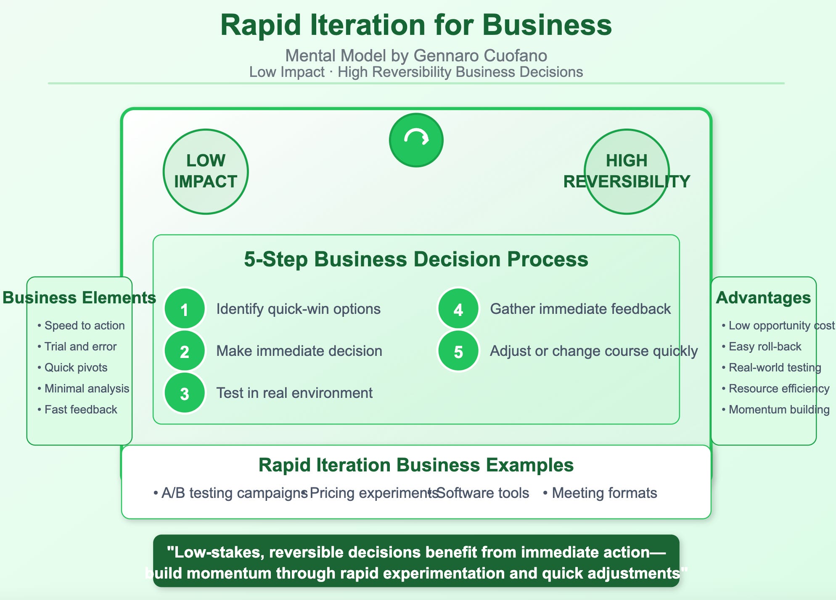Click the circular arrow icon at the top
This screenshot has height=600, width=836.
pos(416,140)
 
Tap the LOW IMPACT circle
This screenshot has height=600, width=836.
pos(206,171)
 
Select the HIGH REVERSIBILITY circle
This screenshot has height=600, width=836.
pos(627,171)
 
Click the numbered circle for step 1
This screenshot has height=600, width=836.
pos(185,309)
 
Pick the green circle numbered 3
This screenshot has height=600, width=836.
pos(185,393)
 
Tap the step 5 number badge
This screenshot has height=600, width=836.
pos(458,351)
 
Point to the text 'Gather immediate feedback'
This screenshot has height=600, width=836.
pos(580,309)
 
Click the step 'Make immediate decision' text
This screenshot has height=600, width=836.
pos(299,351)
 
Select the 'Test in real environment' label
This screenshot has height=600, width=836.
pos(294,393)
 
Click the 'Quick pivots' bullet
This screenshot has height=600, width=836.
pos(72,368)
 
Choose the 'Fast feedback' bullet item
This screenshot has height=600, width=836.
pos(77,410)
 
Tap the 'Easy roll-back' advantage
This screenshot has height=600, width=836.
pos(761,347)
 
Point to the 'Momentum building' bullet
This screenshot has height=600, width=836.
pos(775,410)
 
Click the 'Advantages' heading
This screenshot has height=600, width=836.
pos(763,297)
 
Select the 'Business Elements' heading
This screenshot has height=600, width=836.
pos(79,297)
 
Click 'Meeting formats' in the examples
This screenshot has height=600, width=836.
pos(600,493)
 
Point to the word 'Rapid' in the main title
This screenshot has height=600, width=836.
pos(261,25)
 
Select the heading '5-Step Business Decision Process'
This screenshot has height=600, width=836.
pos(416,259)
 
